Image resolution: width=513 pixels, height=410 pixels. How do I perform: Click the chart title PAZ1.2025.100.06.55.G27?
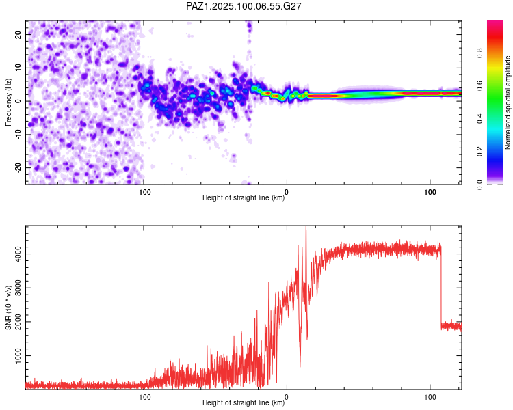pyautogui.click(x=244, y=6)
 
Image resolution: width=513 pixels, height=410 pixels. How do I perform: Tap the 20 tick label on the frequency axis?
pyautogui.click(x=18, y=35)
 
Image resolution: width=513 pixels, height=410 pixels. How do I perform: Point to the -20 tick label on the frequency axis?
pyautogui.click(x=18, y=168)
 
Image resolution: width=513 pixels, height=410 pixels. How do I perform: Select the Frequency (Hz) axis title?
pyautogui.click(x=8, y=102)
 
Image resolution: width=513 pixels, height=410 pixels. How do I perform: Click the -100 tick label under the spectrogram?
pyautogui.click(x=144, y=192)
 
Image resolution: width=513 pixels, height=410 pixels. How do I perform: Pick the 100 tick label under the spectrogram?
pyautogui.click(x=430, y=192)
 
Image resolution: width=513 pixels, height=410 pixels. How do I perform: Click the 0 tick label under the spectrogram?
pyautogui.click(x=287, y=192)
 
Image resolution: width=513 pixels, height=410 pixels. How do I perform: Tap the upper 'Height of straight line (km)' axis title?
pyautogui.click(x=244, y=197)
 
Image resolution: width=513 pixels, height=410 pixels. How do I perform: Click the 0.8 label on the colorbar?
pyautogui.click(x=479, y=53)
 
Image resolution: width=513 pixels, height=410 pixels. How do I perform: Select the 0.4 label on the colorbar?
pyautogui.click(x=479, y=119)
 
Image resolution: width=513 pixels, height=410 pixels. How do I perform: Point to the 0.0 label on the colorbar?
pyautogui.click(x=479, y=184)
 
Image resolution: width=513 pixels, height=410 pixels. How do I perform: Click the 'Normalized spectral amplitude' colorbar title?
pyautogui.click(x=508, y=102)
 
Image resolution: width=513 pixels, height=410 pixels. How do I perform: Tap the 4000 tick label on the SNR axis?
pyautogui.click(x=18, y=254)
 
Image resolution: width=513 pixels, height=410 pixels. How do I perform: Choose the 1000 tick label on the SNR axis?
pyautogui.click(x=18, y=356)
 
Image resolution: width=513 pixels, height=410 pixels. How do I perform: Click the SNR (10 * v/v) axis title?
pyautogui.click(x=8, y=307)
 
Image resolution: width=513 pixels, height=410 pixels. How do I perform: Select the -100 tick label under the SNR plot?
pyautogui.click(x=144, y=397)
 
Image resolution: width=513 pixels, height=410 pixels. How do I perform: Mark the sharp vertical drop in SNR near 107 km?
pyautogui.click(x=440, y=288)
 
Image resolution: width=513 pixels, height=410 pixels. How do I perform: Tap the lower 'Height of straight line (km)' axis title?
pyautogui.click(x=244, y=402)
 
